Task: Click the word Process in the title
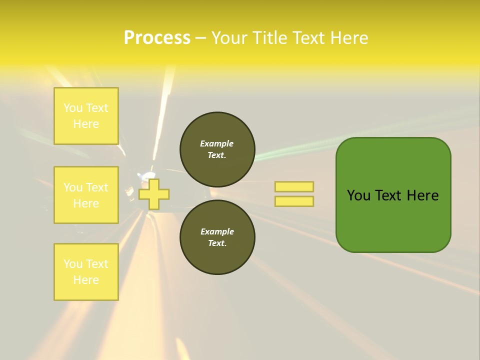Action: [157, 38]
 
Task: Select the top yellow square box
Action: [86, 116]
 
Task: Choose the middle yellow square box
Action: [86, 195]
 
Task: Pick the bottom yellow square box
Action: [86, 272]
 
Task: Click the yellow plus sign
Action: [154, 194]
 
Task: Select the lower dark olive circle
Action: [217, 237]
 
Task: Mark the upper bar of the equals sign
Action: [294, 187]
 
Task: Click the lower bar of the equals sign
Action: [294, 201]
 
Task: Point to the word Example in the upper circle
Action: [217, 143]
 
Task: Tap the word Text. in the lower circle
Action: [217, 243]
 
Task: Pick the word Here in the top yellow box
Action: [86, 124]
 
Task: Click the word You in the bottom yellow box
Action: [72, 264]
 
